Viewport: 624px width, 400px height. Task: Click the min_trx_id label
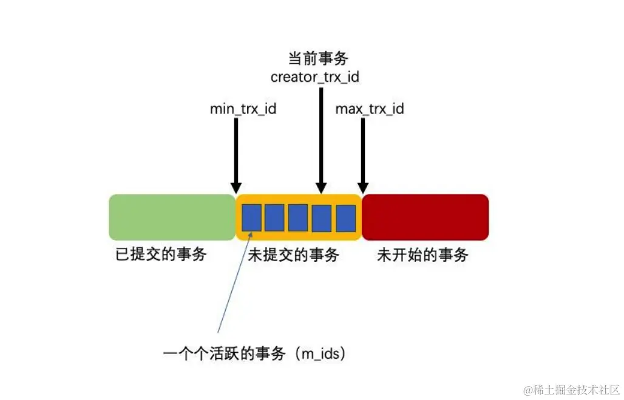pos(243,109)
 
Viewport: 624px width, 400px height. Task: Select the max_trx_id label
pos(370,109)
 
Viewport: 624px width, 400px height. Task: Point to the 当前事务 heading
pos(318,59)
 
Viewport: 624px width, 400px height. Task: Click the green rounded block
pos(172,217)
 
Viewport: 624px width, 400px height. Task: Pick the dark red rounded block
pos(425,217)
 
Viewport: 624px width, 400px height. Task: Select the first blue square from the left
pos(251,218)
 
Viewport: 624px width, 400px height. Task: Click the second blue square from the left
pos(274,218)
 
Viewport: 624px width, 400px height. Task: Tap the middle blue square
pos(298,218)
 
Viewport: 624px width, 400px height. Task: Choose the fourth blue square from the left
pos(322,218)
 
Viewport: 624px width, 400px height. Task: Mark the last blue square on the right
pos(345,218)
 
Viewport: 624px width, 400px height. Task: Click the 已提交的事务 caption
pos(161,255)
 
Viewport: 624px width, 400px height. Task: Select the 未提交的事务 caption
pos(293,255)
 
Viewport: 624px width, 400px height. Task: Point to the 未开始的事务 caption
pos(422,255)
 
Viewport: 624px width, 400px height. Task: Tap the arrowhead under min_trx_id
pos(237,187)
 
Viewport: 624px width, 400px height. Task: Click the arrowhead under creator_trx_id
pos(322,187)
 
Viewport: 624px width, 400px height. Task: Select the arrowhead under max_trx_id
pos(363,187)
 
